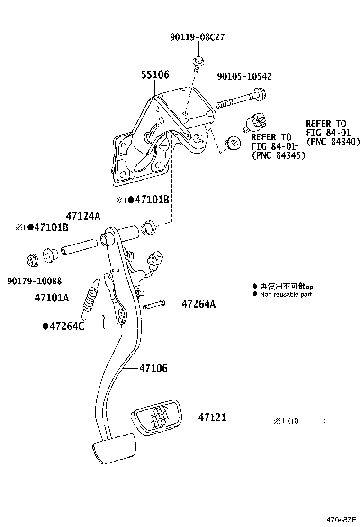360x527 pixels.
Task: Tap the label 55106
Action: click(x=154, y=75)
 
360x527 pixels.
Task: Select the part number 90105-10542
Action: click(x=244, y=76)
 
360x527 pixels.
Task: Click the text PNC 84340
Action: click(x=333, y=142)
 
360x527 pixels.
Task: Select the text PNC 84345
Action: click(x=279, y=155)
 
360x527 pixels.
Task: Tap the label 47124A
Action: click(x=83, y=216)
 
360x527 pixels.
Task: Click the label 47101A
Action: click(x=52, y=298)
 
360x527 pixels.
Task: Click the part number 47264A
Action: click(x=198, y=304)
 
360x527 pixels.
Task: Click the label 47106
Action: click(x=153, y=368)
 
